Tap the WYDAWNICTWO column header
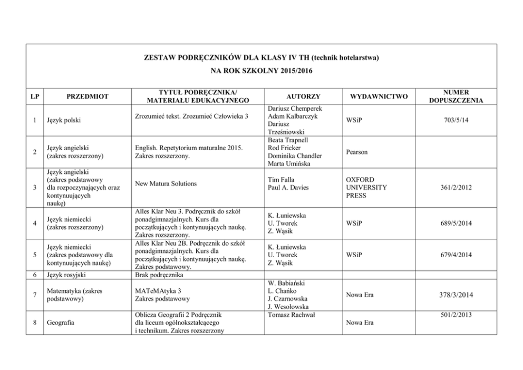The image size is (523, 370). [x=379, y=96]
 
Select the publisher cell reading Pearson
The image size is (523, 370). [x=357, y=152]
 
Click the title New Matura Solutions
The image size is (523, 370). [x=166, y=183]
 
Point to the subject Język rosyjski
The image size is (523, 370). [x=66, y=275]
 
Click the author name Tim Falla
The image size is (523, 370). [x=282, y=180]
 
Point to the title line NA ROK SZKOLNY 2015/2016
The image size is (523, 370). [x=261, y=70]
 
